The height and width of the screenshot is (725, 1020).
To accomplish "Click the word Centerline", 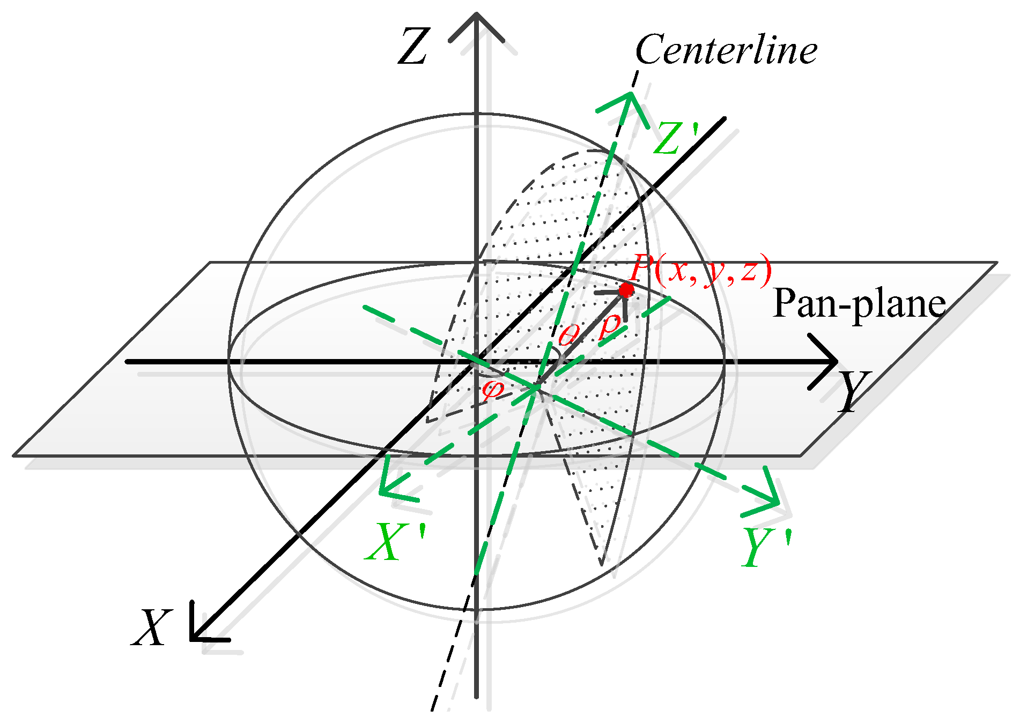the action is tap(726, 50).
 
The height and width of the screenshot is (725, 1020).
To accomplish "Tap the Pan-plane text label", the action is tap(859, 304).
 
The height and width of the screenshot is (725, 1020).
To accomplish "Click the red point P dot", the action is tap(626, 290).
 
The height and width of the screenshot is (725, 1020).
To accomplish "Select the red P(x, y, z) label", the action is tap(700, 268).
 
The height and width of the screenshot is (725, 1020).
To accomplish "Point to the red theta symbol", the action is tap(568, 335).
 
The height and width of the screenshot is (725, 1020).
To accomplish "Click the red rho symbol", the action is tap(610, 325).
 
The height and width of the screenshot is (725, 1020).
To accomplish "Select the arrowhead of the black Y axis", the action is tap(829, 362).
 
